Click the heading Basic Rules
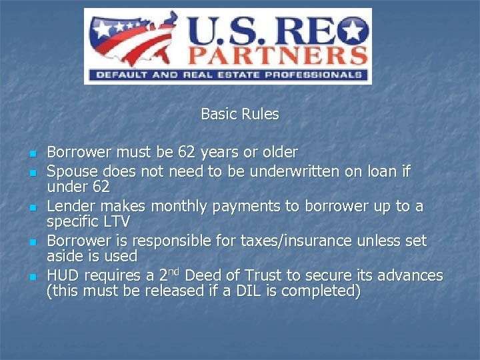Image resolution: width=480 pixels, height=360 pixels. (x=239, y=114)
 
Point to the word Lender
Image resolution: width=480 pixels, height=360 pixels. (x=69, y=207)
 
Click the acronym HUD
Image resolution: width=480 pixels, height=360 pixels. (x=61, y=275)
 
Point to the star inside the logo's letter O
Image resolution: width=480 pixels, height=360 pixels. (x=354, y=30)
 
